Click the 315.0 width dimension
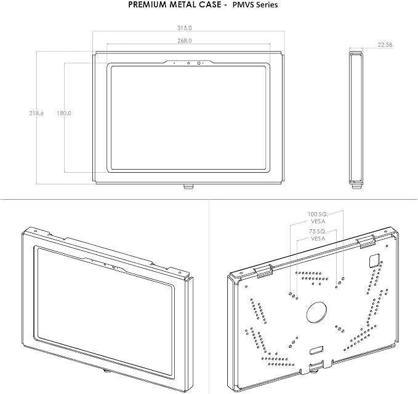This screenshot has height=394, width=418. [185, 28]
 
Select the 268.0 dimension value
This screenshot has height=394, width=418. [185, 41]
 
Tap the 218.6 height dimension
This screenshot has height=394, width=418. [36, 113]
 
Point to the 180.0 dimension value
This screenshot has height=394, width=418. [64, 113]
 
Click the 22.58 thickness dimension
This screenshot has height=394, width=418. [385, 45]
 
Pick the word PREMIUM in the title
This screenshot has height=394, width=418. [145, 4]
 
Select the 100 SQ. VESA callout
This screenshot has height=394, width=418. [318, 218]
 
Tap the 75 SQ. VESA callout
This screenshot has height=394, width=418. [318, 235]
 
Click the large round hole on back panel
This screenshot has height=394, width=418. [316, 312]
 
